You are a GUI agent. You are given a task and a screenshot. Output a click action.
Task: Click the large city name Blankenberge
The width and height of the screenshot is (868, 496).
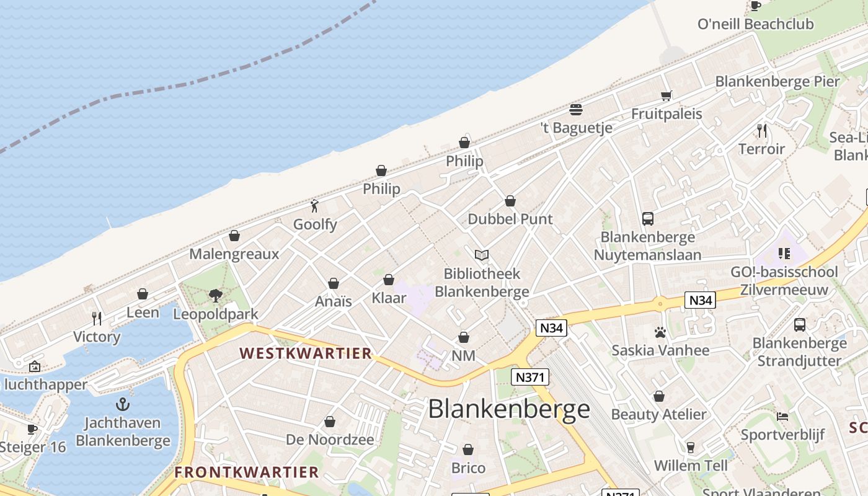509,409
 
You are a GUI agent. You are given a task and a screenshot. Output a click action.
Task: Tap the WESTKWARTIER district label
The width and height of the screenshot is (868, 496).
306,353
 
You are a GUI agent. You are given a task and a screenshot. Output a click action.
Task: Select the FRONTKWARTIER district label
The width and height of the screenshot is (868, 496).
246,472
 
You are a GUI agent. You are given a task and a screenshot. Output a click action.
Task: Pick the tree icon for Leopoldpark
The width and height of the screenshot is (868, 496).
216,296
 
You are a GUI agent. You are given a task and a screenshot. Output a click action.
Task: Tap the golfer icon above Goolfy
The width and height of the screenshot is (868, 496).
315,206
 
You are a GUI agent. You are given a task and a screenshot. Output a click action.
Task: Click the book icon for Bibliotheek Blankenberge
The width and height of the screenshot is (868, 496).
482,255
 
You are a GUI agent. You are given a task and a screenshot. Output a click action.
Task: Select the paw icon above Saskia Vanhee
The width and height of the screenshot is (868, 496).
660,332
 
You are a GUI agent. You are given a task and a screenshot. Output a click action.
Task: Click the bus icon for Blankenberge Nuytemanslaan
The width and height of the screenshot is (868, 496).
648,219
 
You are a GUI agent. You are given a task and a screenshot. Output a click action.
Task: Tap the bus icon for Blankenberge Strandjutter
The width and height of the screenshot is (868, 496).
800,324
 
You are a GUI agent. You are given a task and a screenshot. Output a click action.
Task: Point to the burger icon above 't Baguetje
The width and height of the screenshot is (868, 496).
576,110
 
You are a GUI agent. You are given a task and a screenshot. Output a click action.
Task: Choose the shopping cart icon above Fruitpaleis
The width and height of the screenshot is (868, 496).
666,95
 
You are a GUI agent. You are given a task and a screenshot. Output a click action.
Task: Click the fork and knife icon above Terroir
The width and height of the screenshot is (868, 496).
762,131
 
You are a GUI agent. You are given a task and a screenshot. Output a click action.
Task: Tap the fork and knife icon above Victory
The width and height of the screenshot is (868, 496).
97,319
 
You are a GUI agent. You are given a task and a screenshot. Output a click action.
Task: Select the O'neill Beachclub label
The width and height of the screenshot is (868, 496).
755,24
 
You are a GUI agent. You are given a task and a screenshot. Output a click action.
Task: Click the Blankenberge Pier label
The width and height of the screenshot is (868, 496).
777,81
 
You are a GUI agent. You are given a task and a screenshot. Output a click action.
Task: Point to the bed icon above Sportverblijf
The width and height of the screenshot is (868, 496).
782,417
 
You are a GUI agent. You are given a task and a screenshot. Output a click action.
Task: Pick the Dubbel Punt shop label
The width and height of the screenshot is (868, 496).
510,219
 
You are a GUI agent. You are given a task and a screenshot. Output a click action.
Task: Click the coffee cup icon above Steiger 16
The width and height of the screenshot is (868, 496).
32,429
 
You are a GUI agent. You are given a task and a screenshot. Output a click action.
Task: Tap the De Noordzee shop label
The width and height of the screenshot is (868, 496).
330,440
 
